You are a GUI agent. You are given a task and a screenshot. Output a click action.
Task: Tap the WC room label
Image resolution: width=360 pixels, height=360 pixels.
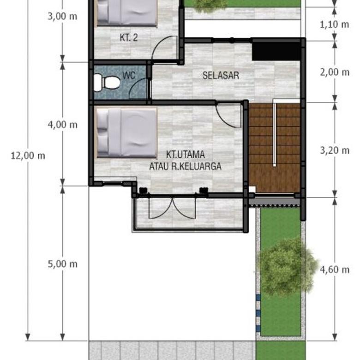[x=129, y=75]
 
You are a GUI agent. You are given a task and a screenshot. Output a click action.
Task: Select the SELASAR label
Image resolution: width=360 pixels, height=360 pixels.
[x=221, y=75]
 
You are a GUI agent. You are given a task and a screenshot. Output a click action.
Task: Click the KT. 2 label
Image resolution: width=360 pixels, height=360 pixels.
[x=129, y=38]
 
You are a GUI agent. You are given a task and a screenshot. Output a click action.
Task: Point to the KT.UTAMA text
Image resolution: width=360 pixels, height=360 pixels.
[x=185, y=155]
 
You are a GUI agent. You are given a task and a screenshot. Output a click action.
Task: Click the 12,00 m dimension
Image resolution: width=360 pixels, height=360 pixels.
[x=28, y=156]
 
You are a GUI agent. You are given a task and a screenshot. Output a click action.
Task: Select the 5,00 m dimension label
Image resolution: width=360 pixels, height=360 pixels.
[x=63, y=264]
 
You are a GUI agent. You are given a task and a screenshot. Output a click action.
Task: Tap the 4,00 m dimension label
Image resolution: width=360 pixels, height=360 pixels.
[x=63, y=125]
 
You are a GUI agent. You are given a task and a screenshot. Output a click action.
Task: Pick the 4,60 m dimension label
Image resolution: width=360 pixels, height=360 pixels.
[x=335, y=270]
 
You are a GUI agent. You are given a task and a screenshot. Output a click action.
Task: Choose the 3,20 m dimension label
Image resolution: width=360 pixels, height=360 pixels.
[x=335, y=150]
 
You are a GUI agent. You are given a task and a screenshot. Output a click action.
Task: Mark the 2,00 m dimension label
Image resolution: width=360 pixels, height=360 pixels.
[x=335, y=72]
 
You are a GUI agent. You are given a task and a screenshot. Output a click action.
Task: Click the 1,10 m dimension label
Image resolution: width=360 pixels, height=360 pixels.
[x=335, y=24]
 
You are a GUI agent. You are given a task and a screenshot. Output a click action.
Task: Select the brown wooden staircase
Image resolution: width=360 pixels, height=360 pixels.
[x=275, y=148]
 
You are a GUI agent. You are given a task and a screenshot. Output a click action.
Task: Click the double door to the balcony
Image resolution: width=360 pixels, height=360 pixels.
[x=172, y=209]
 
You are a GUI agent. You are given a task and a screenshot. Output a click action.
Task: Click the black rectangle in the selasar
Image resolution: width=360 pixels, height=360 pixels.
[x=276, y=50]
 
